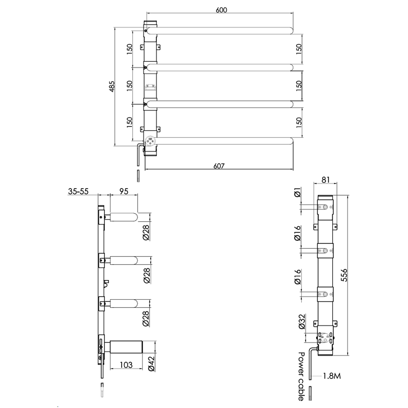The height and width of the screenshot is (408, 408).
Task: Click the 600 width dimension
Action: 221,10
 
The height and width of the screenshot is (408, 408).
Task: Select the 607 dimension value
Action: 219,166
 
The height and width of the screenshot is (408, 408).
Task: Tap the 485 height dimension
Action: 112,86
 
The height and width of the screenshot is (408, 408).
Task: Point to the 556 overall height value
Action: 344,275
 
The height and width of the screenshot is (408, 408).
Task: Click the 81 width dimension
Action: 325,180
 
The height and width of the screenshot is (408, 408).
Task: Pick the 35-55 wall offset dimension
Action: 78,191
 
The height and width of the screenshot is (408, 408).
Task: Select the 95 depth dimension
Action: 123,191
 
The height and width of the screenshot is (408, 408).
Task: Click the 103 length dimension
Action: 126,365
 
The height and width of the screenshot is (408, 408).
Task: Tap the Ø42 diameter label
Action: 151,364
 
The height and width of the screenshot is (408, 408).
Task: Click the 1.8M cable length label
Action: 332,376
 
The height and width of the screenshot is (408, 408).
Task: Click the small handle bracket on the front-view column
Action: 150,88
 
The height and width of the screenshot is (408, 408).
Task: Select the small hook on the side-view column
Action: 106,283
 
